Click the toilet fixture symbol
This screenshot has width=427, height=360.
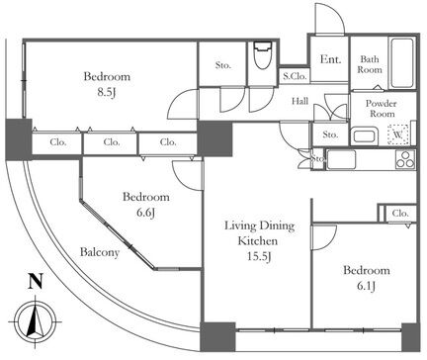pyautogui.click(x=263, y=55)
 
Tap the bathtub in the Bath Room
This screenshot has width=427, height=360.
pyautogui.click(x=401, y=63)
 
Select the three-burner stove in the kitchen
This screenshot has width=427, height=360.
pyautogui.click(x=405, y=160)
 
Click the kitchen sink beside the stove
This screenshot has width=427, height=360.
pyautogui.click(x=341, y=160)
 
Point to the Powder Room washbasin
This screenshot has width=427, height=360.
pyautogui.click(x=364, y=136)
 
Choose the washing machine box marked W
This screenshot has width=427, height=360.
pyautogui.click(x=398, y=135)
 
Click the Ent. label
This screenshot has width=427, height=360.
pyautogui.click(x=330, y=59)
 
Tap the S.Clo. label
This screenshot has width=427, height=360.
pyautogui.click(x=295, y=76)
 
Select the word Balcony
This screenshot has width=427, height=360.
pyautogui.click(x=100, y=253)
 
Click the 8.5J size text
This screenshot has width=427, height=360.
pyautogui.click(x=106, y=93)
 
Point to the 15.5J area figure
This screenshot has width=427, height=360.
pyautogui.click(x=259, y=256)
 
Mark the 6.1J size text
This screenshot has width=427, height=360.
pyautogui.click(x=366, y=286)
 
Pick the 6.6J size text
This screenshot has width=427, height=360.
pyautogui.click(x=146, y=213)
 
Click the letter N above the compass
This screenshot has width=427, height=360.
pyautogui.click(x=36, y=281)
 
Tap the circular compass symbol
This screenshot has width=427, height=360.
pyautogui.click(x=36, y=321)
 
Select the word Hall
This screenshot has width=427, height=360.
pyautogui.click(x=300, y=101)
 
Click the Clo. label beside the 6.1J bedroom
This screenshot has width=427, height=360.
pyautogui.click(x=400, y=214)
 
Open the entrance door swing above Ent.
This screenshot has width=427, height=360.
pyautogui.click(x=330, y=18)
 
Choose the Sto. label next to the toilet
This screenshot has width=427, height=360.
pyautogui.click(x=223, y=65)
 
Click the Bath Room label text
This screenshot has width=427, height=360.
pyautogui.click(x=370, y=64)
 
